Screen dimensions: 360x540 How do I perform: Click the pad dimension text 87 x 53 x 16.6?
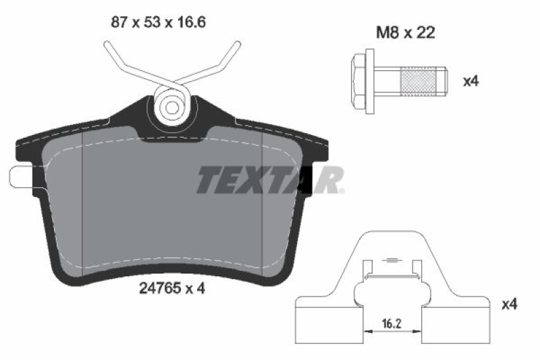tap(157, 22)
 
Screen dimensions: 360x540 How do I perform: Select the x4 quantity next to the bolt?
tap(470, 81)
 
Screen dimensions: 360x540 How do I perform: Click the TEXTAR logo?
tap(270, 180)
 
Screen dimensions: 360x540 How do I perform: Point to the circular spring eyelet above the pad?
tap(171, 105)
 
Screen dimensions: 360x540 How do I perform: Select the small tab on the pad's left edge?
tap(18, 176)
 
